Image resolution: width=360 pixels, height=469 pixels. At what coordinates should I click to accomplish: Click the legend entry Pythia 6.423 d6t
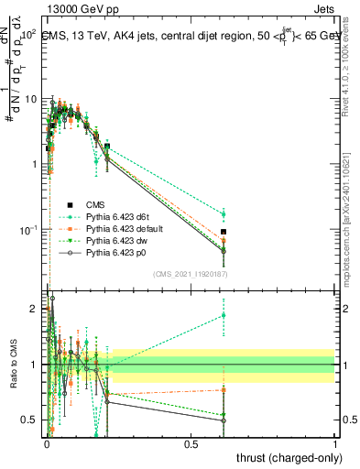click(x=115, y=215)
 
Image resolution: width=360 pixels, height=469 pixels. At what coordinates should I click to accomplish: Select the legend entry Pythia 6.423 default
click(x=120, y=226)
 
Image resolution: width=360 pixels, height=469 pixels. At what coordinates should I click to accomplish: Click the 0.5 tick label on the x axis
click(x=191, y=444)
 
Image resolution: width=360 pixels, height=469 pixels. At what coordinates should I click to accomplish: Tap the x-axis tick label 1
click(x=335, y=444)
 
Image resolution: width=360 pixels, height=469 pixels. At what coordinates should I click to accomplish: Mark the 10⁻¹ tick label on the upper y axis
click(x=27, y=228)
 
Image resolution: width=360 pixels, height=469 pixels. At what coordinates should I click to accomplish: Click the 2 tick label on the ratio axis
click(x=34, y=309)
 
